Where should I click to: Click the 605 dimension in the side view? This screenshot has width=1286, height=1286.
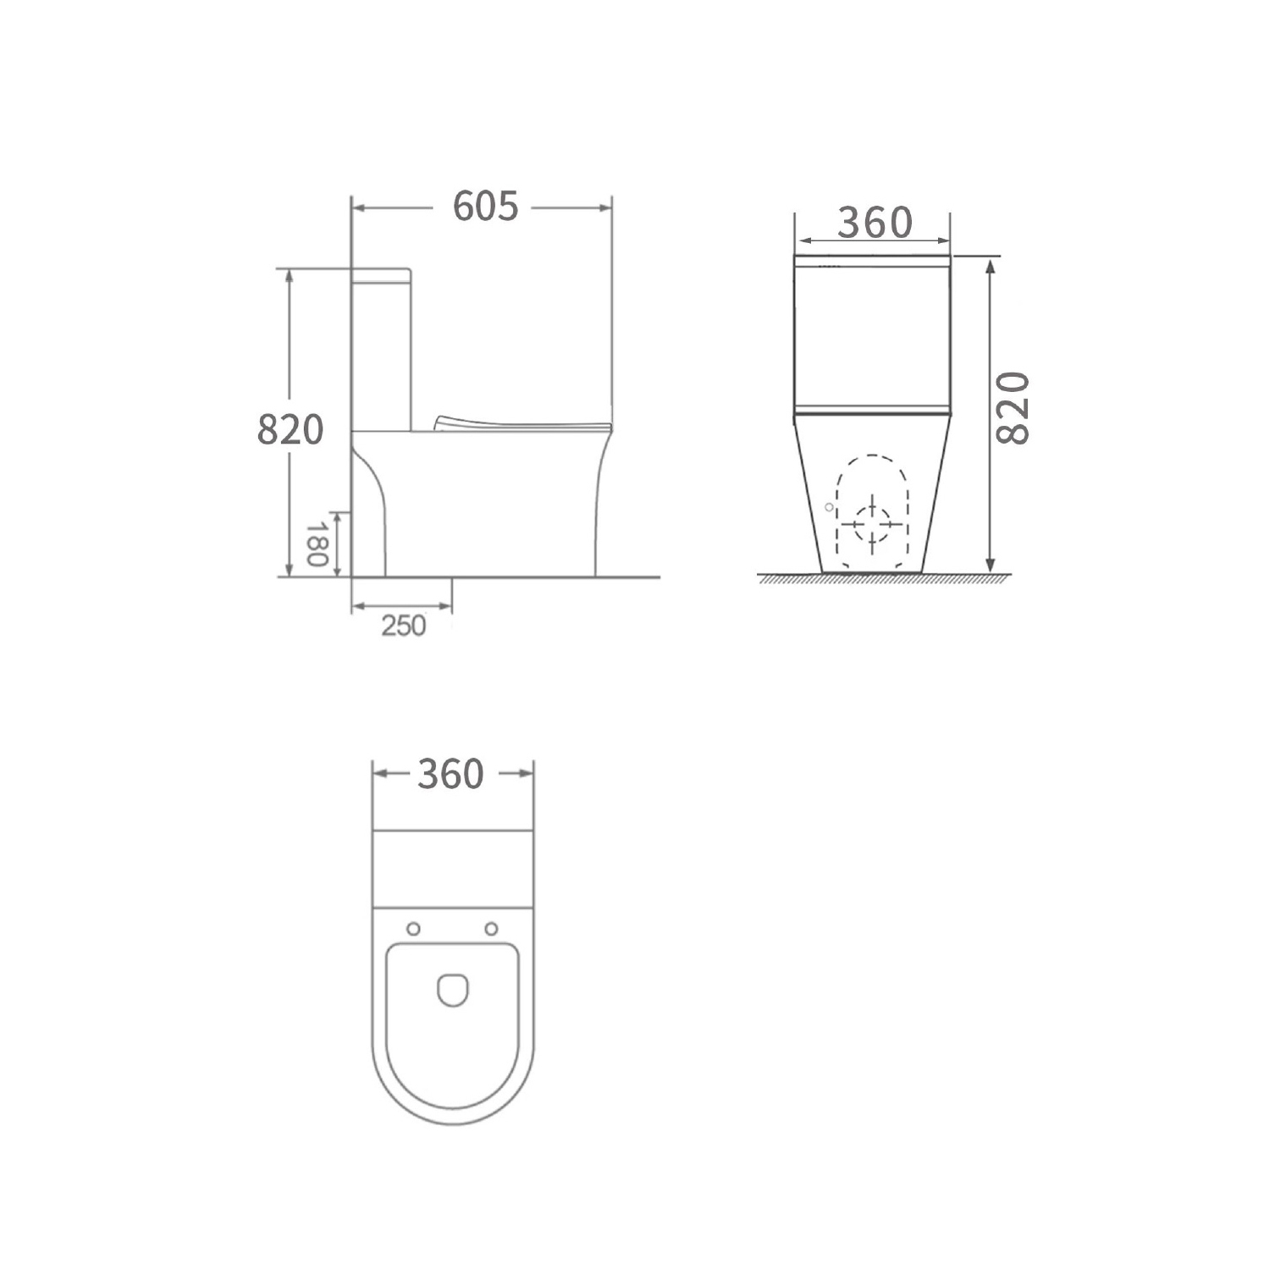coord(485,207)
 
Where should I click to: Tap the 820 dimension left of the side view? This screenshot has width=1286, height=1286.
coord(290,430)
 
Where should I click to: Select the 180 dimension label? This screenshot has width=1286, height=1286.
coord(317,545)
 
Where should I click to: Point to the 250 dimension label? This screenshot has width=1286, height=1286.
coord(404,626)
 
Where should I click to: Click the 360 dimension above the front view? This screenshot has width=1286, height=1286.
coord(875,223)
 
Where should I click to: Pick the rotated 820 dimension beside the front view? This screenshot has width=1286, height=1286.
coord(1013,408)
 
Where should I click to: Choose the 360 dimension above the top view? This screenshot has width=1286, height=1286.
coord(450,774)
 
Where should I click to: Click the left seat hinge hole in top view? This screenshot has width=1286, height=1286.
coord(413,929)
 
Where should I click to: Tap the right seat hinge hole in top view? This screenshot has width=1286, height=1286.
coord(491,929)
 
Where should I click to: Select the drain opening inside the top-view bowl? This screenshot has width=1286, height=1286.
coord(453,990)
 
